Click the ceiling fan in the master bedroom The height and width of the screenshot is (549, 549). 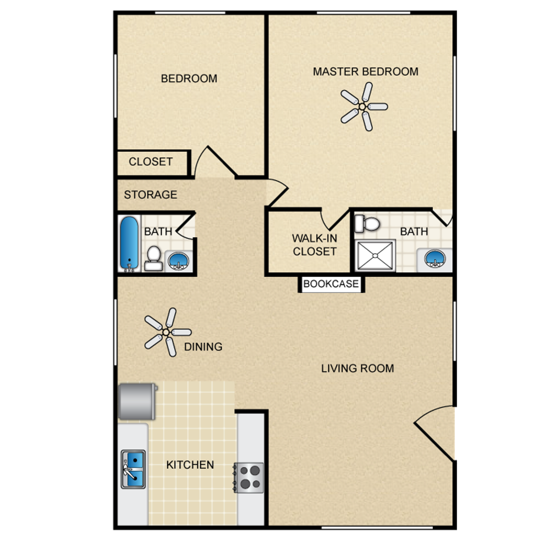tap(362, 107)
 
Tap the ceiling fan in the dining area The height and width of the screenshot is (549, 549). tap(166, 332)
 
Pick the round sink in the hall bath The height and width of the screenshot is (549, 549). tap(178, 261)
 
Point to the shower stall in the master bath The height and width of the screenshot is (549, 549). tap(375, 255)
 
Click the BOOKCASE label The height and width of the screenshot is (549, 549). tap(331, 284)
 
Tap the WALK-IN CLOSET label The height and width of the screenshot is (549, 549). tap(315, 245)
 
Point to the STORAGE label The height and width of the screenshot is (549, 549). tap(150, 195)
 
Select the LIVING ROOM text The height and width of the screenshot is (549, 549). tap(357, 368)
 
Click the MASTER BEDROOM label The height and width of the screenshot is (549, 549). tap(365, 71)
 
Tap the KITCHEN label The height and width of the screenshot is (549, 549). tap(190, 465)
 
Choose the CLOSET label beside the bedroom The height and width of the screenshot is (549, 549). tap(151, 162)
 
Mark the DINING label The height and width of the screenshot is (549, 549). tap(203, 347)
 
